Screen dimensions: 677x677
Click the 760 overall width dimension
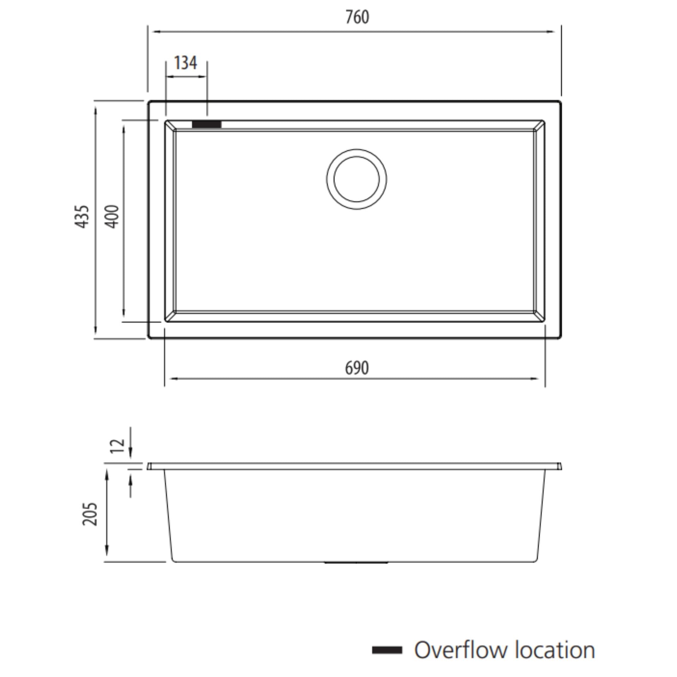point(357,17)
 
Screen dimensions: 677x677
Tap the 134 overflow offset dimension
point(185,63)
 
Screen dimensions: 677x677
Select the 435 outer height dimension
point(82,217)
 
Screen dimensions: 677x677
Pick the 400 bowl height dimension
point(112,217)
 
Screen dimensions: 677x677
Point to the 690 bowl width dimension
point(357,368)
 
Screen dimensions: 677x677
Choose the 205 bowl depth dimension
point(90,514)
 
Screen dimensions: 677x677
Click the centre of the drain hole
point(356,179)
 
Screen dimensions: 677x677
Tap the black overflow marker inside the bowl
point(206,124)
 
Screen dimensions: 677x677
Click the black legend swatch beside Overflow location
point(387,650)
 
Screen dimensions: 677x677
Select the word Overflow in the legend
point(460,650)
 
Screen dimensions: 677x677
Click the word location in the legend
point(555,650)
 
